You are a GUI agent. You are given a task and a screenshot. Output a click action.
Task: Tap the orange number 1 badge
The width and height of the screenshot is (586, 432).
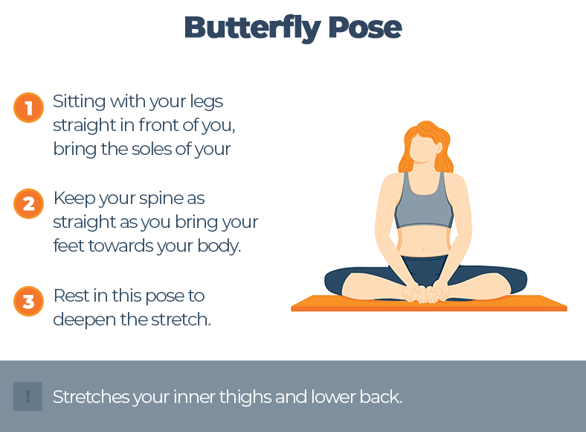28,108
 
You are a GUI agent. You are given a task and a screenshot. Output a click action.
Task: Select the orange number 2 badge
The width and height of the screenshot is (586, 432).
28,203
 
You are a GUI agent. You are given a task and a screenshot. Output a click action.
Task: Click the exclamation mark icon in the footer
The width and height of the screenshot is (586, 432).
28,397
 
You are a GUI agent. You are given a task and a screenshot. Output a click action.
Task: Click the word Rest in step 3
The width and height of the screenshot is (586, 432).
68,296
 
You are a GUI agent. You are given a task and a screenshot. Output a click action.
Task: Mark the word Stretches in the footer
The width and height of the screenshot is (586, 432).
91,397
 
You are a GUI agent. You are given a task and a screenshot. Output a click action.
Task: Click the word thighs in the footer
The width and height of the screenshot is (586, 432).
248,397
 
